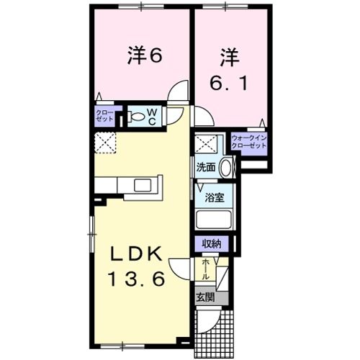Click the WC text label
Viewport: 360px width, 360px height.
tap(153, 116)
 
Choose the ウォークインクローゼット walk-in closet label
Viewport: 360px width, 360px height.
tap(249, 142)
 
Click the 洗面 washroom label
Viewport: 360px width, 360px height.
tap(206, 166)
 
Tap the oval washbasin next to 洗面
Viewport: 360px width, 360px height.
tap(225, 167)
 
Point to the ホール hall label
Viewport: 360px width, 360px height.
tap(207, 270)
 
